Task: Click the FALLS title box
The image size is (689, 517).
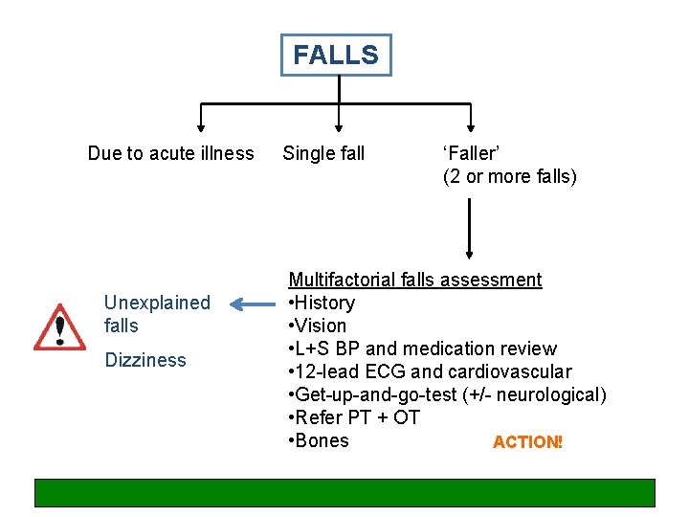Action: click(336, 56)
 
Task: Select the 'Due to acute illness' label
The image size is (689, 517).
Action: click(170, 153)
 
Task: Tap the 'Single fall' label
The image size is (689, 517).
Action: click(323, 153)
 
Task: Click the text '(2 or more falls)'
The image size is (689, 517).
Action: click(509, 176)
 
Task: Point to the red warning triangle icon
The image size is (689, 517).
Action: click(60, 328)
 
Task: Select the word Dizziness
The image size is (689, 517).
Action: click(144, 360)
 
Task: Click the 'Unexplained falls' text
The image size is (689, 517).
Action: click(156, 314)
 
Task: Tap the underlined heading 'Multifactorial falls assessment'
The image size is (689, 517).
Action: click(415, 280)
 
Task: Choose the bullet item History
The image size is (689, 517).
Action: click(322, 303)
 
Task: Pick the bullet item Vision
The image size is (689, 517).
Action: click(318, 326)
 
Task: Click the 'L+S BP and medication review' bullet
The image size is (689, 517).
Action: click(422, 348)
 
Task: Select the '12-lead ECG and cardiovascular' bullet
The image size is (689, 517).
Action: click(430, 371)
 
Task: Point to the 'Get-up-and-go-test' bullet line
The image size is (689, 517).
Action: click(447, 394)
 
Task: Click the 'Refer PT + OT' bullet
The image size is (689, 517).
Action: click(353, 417)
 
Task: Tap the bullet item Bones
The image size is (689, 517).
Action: click(319, 440)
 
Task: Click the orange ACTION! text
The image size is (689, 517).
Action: click(527, 442)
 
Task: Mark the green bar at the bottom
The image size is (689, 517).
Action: click(344, 492)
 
